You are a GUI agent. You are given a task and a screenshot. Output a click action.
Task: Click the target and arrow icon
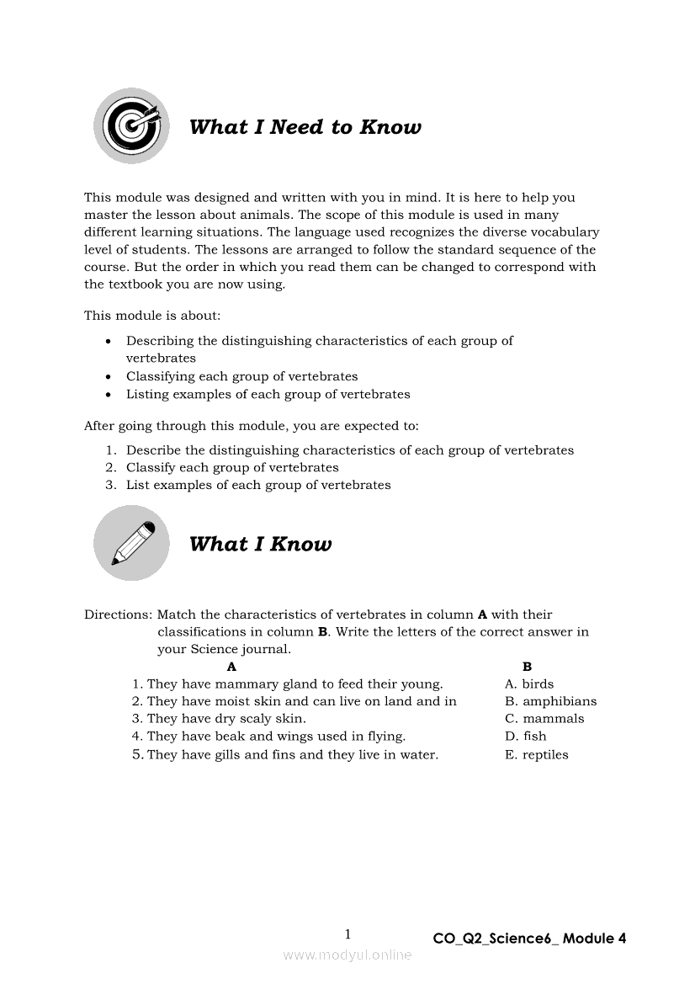pos(131,126)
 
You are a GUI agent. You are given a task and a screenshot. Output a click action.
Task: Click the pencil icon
pos(131,543)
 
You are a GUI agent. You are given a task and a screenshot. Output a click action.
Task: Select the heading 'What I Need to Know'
pos(305,127)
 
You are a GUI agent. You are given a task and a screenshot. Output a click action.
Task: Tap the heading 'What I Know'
pos(260,544)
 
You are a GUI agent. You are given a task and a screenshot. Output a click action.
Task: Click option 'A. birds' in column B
pos(529,684)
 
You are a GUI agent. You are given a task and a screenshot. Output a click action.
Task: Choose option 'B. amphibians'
pos(550,701)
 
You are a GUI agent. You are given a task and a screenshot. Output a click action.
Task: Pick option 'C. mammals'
pos(544,719)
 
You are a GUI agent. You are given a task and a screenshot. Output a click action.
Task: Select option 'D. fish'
pos(526,737)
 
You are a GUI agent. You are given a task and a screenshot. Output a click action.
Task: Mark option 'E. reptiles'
pos(536,755)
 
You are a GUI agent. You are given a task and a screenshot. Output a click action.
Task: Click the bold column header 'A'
pos(232,667)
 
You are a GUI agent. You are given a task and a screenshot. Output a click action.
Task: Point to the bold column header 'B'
pos(527,667)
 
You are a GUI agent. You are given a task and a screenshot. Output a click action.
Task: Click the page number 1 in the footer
pos(347,934)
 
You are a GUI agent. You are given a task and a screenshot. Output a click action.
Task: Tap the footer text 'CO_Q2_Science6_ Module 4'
pos(529,939)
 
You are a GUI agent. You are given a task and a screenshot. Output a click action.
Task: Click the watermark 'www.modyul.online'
pos(347,955)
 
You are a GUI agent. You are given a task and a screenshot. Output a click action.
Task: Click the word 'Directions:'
pos(118,614)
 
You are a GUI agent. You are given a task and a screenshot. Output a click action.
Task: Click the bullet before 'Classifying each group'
pos(109,377)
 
